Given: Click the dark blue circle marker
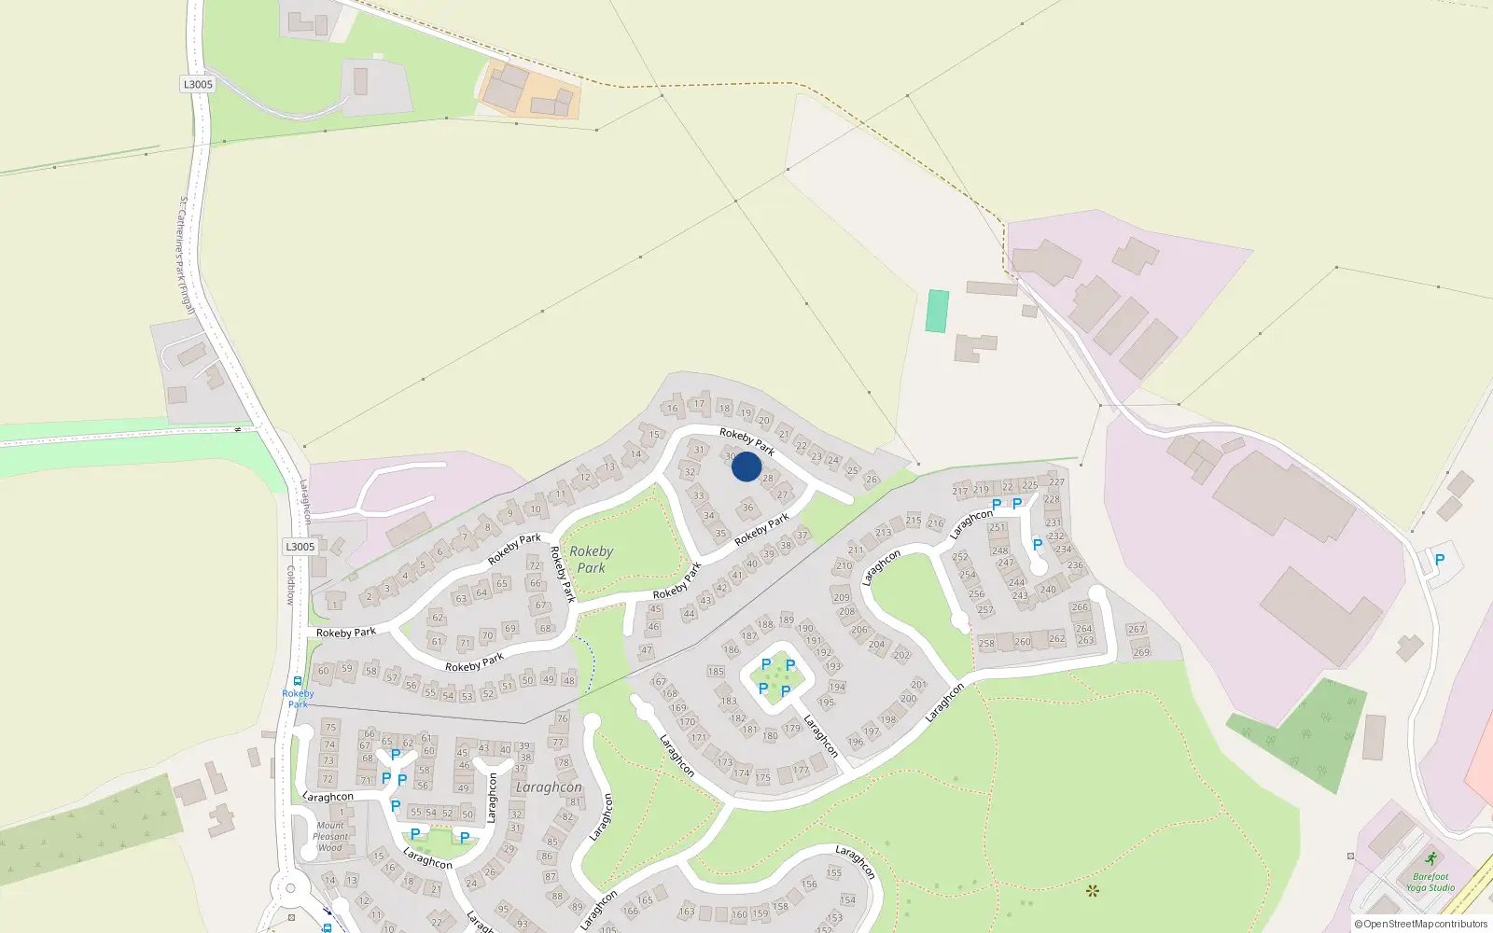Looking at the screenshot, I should point(746,466).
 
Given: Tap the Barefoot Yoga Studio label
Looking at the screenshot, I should point(1430,882).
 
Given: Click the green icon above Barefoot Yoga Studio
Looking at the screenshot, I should point(1431,858).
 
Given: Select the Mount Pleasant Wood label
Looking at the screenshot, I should point(330,836).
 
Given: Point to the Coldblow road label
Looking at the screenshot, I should point(290,585).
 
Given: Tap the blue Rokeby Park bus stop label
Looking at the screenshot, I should point(298,699).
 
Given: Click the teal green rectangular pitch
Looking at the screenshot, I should point(937,311).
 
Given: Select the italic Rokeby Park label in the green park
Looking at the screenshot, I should point(591,559).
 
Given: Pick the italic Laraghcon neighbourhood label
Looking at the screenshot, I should point(549,787).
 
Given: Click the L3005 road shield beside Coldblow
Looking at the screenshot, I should point(300,547).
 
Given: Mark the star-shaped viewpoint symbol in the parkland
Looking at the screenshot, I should point(1093,891).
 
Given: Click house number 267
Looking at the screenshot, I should point(1136,629).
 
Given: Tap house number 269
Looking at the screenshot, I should point(1141,652).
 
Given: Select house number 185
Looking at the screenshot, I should point(716,671).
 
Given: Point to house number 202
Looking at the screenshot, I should point(901,655).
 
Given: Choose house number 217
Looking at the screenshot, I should point(960,491).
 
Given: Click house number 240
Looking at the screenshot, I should point(1048,590).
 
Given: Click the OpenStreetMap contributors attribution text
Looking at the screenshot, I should point(1420,924).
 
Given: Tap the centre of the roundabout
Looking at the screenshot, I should point(290,888).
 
